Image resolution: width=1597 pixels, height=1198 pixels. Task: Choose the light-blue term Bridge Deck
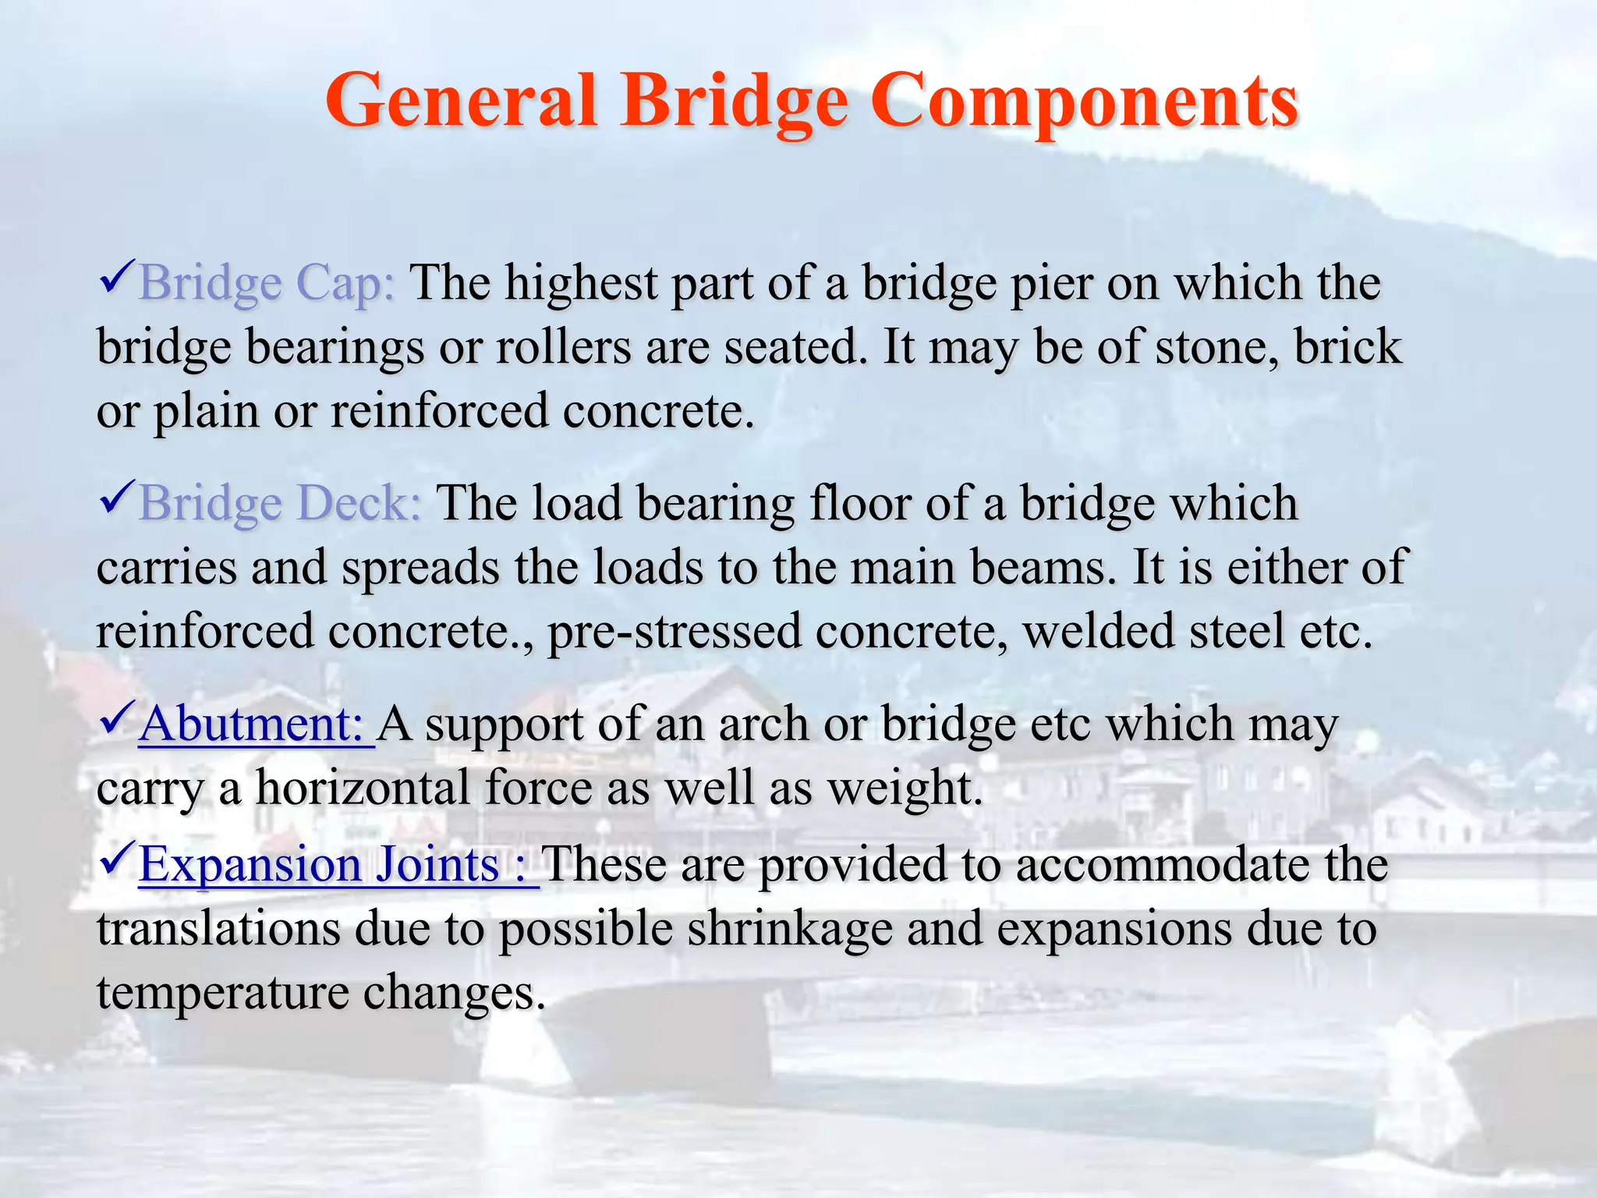(x=279, y=503)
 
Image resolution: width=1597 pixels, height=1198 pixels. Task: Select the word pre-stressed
(x=675, y=631)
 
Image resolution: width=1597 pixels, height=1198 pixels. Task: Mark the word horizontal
(x=363, y=788)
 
